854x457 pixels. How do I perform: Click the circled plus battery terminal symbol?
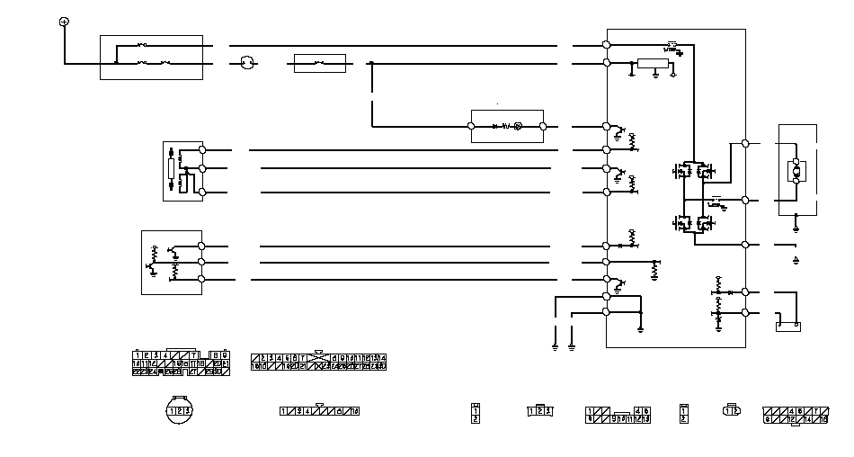(64, 21)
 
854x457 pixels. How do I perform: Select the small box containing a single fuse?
(320, 63)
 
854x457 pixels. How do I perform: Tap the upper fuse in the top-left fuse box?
(144, 44)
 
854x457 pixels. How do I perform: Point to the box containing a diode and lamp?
(507, 126)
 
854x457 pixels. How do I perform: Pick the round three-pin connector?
(181, 410)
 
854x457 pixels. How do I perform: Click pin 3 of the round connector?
(189, 411)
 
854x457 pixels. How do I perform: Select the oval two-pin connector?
(731, 411)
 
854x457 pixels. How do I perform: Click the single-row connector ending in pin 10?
(319, 411)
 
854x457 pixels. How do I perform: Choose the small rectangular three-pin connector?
(538, 411)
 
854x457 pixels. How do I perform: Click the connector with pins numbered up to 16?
(795, 414)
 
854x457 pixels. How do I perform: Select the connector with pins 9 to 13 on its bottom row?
(618, 415)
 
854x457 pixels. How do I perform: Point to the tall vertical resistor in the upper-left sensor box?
(172, 168)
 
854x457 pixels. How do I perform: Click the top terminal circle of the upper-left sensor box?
(202, 149)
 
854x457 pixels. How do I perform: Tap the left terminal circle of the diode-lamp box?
(474, 127)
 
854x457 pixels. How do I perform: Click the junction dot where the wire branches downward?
(372, 63)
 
